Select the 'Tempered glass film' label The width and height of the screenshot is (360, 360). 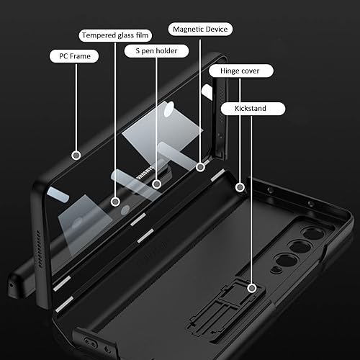pos(116,34)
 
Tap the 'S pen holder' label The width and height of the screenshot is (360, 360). pos(156,51)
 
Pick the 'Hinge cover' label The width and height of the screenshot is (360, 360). pos(240,71)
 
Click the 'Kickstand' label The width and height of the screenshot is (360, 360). pos(251,109)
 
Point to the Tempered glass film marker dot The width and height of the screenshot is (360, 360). pos(116,202)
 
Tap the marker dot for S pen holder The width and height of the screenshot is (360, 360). pos(156,184)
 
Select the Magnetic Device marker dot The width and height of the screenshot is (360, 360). pos(201,166)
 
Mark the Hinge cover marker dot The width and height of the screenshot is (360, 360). pos(240,188)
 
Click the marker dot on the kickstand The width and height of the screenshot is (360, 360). pos(251,288)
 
